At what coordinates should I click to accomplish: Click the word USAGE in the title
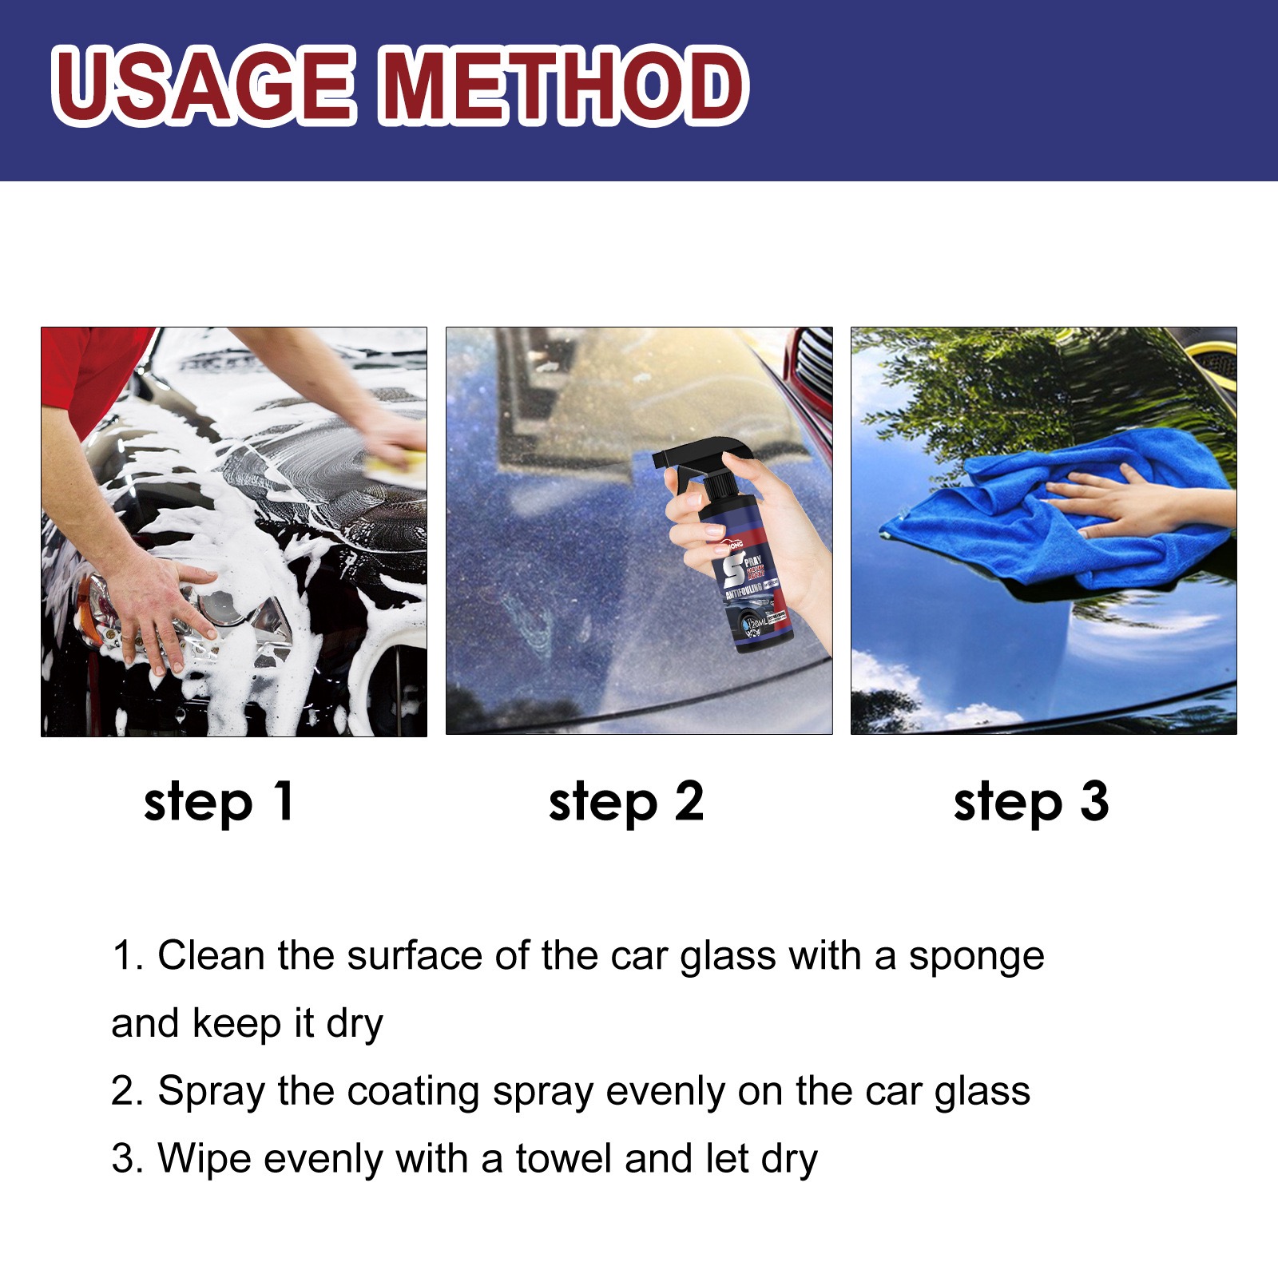204,85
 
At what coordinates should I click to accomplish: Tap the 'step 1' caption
219,803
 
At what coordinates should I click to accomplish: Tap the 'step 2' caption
625,803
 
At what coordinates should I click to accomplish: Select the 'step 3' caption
1031,803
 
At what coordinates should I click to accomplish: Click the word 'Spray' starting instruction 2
210,1092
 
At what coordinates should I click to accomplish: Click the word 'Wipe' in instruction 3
204,1159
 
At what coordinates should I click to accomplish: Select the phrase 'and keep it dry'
247,1024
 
